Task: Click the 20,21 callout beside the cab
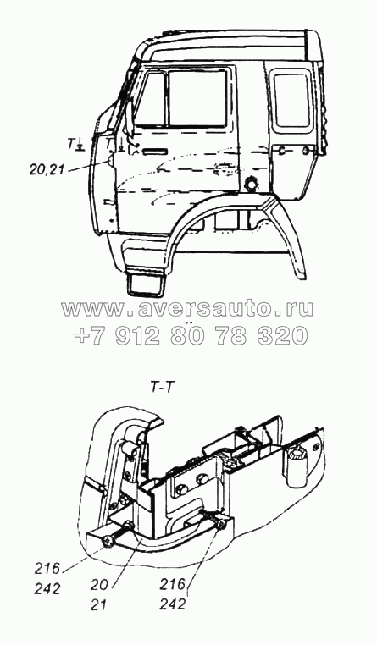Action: (x=47, y=169)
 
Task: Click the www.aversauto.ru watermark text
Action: (x=188, y=308)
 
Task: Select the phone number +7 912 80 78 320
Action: (x=191, y=335)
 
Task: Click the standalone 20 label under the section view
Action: (x=101, y=585)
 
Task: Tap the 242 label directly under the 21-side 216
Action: (x=173, y=604)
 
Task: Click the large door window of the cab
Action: (x=198, y=97)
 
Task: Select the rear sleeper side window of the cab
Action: (x=291, y=100)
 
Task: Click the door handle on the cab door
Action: (x=155, y=152)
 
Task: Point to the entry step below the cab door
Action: (x=147, y=284)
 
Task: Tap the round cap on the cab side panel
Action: (x=250, y=184)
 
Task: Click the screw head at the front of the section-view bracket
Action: (x=109, y=542)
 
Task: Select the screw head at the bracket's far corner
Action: (x=222, y=524)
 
